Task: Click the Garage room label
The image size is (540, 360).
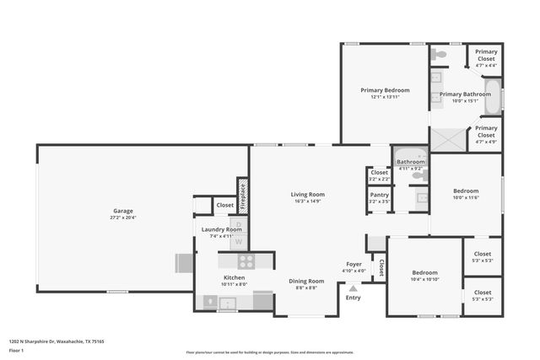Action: click(x=123, y=211)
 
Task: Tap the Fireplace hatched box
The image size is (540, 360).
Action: click(x=242, y=196)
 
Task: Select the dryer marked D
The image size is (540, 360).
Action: click(x=237, y=226)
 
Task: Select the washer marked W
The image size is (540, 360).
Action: click(x=237, y=240)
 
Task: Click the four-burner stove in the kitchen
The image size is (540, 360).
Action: click(x=246, y=261)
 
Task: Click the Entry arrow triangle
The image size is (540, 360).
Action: click(x=353, y=287)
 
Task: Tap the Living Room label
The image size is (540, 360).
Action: click(x=308, y=194)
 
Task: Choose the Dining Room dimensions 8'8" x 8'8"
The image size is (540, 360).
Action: click(x=306, y=288)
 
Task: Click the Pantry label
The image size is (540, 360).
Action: click(x=380, y=195)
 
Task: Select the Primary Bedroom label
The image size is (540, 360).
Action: click(x=385, y=90)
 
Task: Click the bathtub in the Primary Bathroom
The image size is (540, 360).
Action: click(x=494, y=97)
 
